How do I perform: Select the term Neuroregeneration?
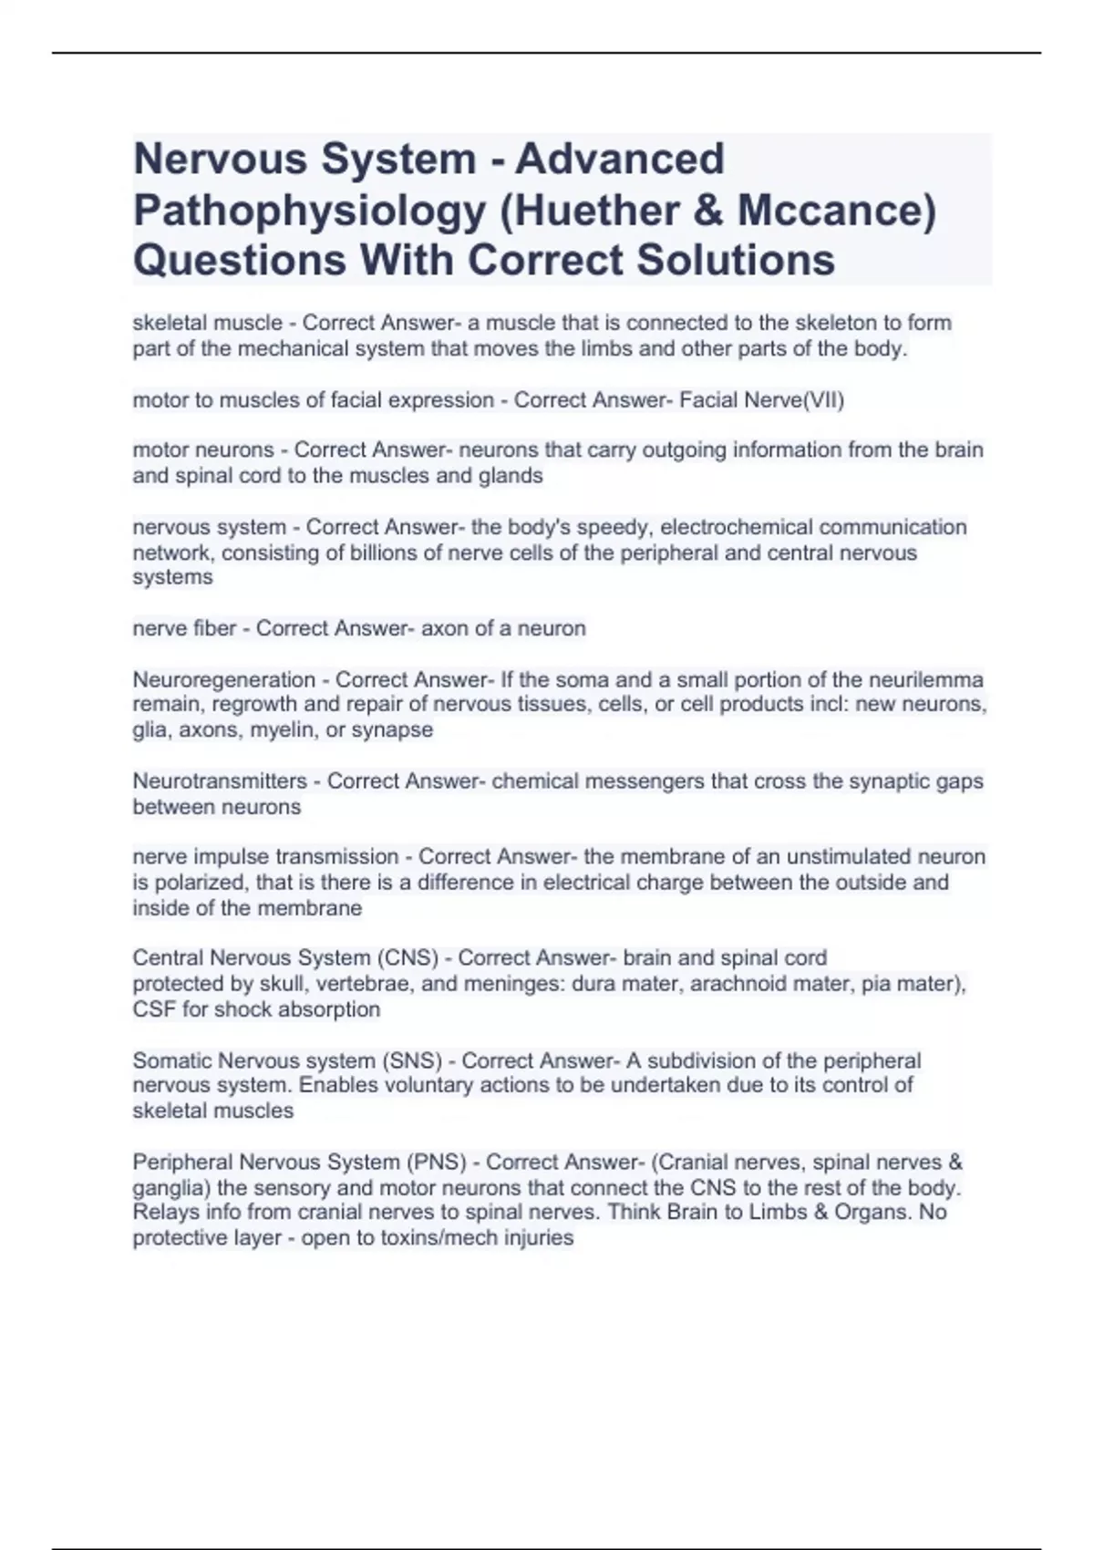(x=224, y=679)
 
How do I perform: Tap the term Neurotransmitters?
(x=220, y=781)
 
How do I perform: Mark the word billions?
(x=388, y=553)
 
